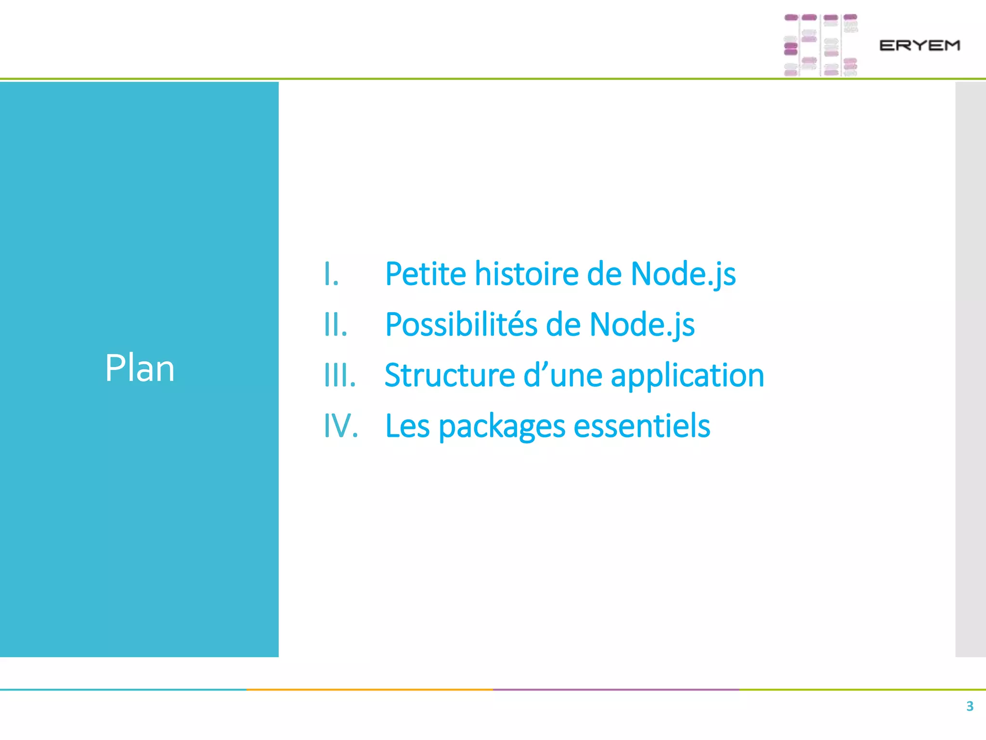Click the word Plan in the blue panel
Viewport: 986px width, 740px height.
(x=140, y=369)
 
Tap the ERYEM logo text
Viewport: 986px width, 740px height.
(x=920, y=46)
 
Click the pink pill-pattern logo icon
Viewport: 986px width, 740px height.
(x=820, y=45)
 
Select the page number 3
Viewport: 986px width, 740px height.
(x=970, y=706)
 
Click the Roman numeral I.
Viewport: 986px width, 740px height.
(x=331, y=274)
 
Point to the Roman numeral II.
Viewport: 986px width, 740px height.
(x=336, y=325)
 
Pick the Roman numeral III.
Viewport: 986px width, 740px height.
(x=340, y=375)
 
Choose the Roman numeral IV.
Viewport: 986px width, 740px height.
(x=341, y=426)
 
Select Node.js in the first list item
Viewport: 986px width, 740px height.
(x=683, y=274)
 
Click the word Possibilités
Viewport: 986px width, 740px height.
(x=461, y=325)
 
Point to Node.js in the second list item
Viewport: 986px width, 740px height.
(x=642, y=325)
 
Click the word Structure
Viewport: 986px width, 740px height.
(x=450, y=375)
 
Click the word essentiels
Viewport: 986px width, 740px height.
(x=642, y=426)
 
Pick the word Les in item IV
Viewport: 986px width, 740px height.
(x=407, y=426)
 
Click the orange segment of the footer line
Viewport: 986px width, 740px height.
(x=370, y=689)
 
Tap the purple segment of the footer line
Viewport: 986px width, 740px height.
(x=616, y=689)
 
